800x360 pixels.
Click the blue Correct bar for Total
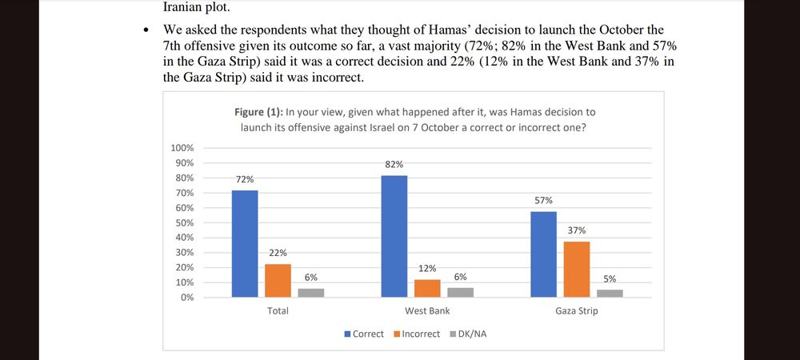(245, 243)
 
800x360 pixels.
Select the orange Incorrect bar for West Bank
(427, 288)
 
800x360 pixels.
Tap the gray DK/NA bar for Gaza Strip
(610, 293)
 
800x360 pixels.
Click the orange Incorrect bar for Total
(278, 280)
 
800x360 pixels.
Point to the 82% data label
(394, 164)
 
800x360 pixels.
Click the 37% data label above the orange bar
(576, 230)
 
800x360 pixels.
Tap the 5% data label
(610, 279)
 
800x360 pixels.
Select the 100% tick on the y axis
(182, 148)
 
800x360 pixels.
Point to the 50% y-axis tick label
(184, 222)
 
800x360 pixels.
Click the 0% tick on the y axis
(187, 298)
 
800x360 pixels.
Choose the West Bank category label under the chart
(427, 310)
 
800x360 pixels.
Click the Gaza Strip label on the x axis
(576, 310)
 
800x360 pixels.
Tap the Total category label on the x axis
(278, 310)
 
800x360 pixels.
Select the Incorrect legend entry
(420, 334)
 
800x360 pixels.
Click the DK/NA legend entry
(470, 334)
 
